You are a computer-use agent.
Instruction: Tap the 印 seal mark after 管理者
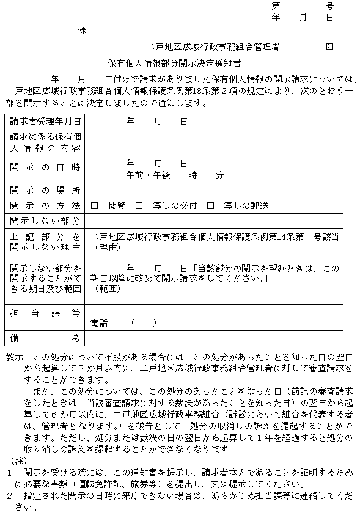(x=329, y=46)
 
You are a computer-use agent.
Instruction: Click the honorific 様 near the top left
(x=81, y=29)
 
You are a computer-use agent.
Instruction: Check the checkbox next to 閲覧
(x=94, y=206)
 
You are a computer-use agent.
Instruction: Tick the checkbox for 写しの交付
(x=139, y=206)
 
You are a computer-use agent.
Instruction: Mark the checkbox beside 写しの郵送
(x=210, y=206)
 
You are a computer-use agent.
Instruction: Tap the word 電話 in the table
(x=99, y=322)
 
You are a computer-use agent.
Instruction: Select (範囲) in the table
(x=105, y=288)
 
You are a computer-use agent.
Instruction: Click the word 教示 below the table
(x=14, y=356)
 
